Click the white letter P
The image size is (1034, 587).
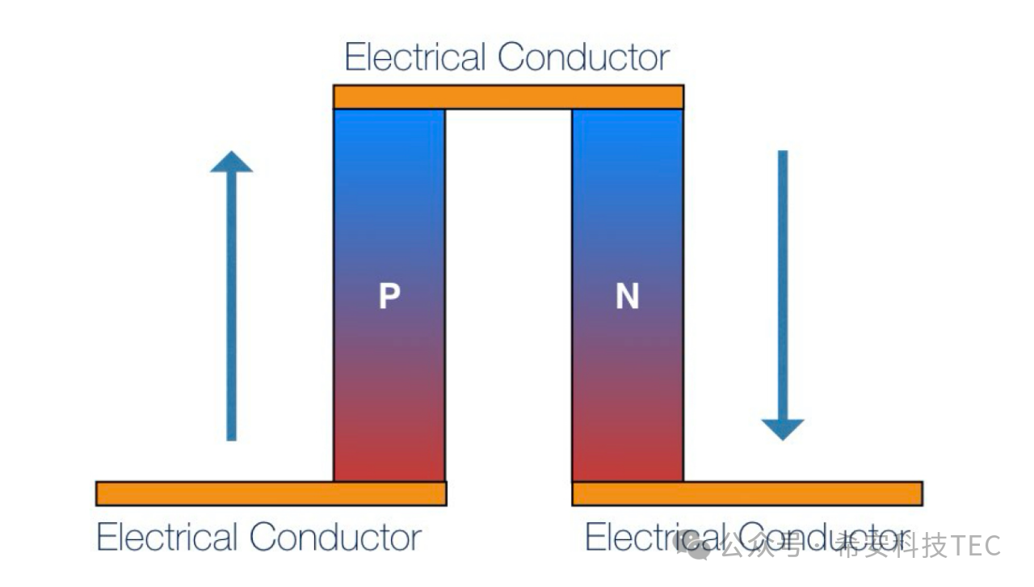[389, 298]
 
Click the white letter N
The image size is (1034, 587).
[628, 298]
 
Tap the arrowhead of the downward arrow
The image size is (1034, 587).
[783, 429]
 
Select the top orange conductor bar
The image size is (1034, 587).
[508, 97]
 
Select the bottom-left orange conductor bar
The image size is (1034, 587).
[271, 493]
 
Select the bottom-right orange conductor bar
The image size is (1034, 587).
[747, 493]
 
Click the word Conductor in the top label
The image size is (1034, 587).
[583, 57]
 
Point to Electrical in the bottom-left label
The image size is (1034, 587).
[167, 537]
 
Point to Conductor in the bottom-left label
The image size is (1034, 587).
[335, 537]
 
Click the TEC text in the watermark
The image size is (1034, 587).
[977, 546]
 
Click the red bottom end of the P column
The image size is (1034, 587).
[389, 461]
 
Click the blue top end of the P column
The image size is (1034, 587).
[389, 129]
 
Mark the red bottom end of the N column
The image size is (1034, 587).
[628, 461]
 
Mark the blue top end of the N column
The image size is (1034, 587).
[628, 129]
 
